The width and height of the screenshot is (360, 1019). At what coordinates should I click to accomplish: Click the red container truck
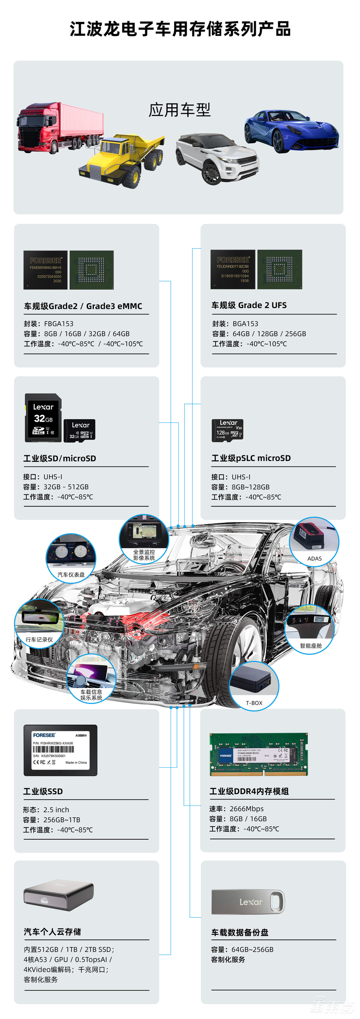coord(59,127)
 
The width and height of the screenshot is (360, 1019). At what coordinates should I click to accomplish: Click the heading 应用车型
coord(180,110)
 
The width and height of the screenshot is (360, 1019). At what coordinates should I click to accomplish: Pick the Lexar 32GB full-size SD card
coord(43,418)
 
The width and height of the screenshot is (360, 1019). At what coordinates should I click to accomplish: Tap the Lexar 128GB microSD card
coord(227,430)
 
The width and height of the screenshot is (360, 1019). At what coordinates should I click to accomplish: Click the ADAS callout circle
coord(314,541)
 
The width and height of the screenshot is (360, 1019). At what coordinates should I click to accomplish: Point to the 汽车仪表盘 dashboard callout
coord(71,558)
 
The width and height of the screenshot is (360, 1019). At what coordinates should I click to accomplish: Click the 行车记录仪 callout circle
coord(39,624)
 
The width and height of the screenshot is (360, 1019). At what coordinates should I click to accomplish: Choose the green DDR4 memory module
coord(258,755)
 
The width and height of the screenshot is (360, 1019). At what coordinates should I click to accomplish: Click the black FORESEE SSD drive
coord(61,750)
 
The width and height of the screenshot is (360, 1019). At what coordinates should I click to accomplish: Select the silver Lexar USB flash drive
coord(248,902)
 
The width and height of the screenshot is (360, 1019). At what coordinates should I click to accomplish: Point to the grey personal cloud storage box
coord(58,897)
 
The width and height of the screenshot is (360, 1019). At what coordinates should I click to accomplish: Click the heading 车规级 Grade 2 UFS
coord(249,305)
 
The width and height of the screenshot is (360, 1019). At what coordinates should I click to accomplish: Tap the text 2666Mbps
coord(246,809)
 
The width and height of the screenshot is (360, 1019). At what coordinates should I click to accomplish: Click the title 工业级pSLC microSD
coord(251,458)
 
